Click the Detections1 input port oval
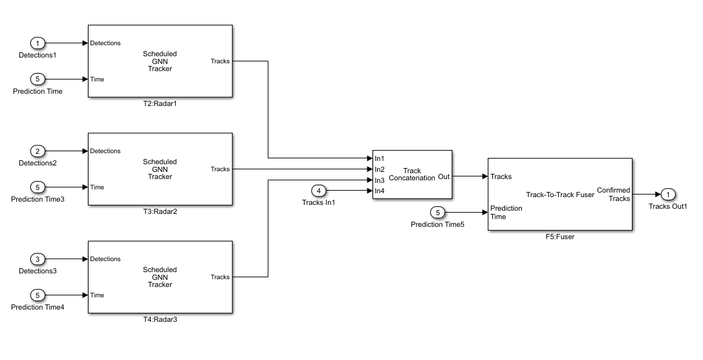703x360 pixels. (x=38, y=43)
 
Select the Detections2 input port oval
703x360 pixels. (x=38, y=151)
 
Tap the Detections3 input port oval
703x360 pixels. (x=38, y=259)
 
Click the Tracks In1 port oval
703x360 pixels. (x=318, y=191)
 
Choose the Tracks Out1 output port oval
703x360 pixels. (x=668, y=195)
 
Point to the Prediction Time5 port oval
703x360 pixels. (x=438, y=213)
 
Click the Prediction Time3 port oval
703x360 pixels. (x=38, y=187)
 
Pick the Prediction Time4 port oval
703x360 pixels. (x=38, y=295)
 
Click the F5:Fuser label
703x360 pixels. (x=559, y=237)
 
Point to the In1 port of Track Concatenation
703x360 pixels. (x=380, y=158)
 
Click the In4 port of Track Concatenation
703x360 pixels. (x=380, y=191)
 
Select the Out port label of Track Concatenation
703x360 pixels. (x=444, y=175)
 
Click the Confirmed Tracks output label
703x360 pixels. (x=613, y=195)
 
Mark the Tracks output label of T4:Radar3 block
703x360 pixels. (x=220, y=277)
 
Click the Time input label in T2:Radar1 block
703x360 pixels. (x=97, y=79)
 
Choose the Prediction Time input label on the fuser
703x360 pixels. (x=506, y=213)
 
